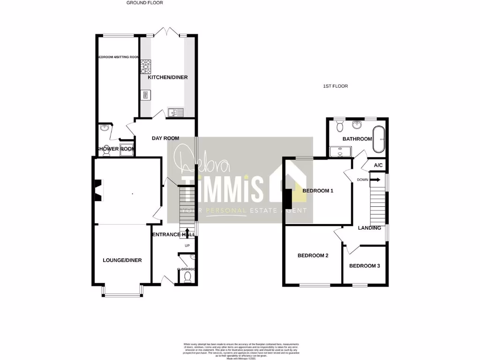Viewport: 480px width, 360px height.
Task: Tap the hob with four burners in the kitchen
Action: click(145, 67)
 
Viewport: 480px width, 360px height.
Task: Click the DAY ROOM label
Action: click(165, 138)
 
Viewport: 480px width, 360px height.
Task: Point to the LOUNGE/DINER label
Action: click(122, 261)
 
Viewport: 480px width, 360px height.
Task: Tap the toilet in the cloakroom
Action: click(187, 278)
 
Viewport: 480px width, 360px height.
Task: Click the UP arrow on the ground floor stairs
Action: click(187, 233)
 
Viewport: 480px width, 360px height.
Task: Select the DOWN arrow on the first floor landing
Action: click(375, 179)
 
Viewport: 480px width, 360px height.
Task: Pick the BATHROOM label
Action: click(357, 139)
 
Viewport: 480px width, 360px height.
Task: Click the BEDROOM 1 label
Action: click(318, 191)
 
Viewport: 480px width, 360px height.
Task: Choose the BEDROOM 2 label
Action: click(313, 256)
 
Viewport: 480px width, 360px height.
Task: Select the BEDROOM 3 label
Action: click(365, 266)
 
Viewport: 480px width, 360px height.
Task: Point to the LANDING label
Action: click(369, 228)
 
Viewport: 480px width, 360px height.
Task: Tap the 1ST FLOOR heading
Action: click(335, 86)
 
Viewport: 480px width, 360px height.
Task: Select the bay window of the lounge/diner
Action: click(122, 293)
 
